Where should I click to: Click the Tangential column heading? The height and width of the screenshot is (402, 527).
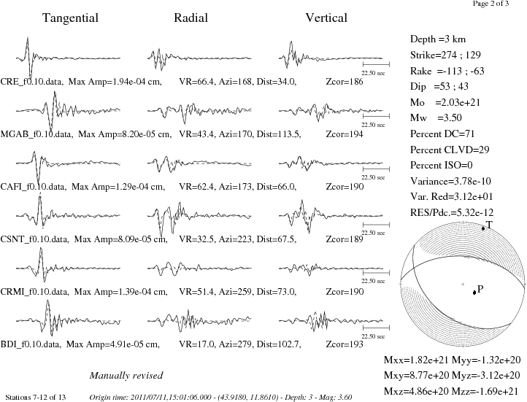pos(70,18)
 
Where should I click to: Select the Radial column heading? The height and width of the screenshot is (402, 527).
pos(191,18)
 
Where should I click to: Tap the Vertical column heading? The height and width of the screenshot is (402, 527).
pos(326,18)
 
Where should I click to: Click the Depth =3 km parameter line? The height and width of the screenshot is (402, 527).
pos(438,39)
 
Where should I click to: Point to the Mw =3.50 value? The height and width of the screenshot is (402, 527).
pos(436,118)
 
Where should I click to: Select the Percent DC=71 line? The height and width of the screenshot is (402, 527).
pos(442,134)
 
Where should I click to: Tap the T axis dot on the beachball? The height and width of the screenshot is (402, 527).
pos(483,228)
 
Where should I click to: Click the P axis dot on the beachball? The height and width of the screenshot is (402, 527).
pos(474,292)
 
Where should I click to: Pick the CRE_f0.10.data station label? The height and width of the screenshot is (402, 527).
pos(31,82)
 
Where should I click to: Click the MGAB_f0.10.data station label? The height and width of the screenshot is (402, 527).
pos(36,134)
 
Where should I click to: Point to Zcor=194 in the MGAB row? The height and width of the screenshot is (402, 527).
pos(345,134)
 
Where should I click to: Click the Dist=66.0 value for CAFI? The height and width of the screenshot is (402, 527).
pos(276,187)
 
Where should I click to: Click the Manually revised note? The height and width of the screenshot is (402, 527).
pos(126,376)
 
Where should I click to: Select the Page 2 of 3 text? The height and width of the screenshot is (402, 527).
pos(491,4)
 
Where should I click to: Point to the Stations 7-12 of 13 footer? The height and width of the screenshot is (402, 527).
pos(36,398)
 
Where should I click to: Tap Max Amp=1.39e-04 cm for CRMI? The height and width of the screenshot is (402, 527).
pos(120,292)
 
